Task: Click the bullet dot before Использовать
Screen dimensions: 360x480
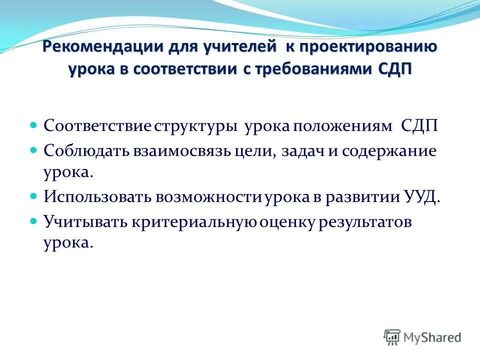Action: [34, 195]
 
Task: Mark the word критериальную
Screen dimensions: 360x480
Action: [195, 222]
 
